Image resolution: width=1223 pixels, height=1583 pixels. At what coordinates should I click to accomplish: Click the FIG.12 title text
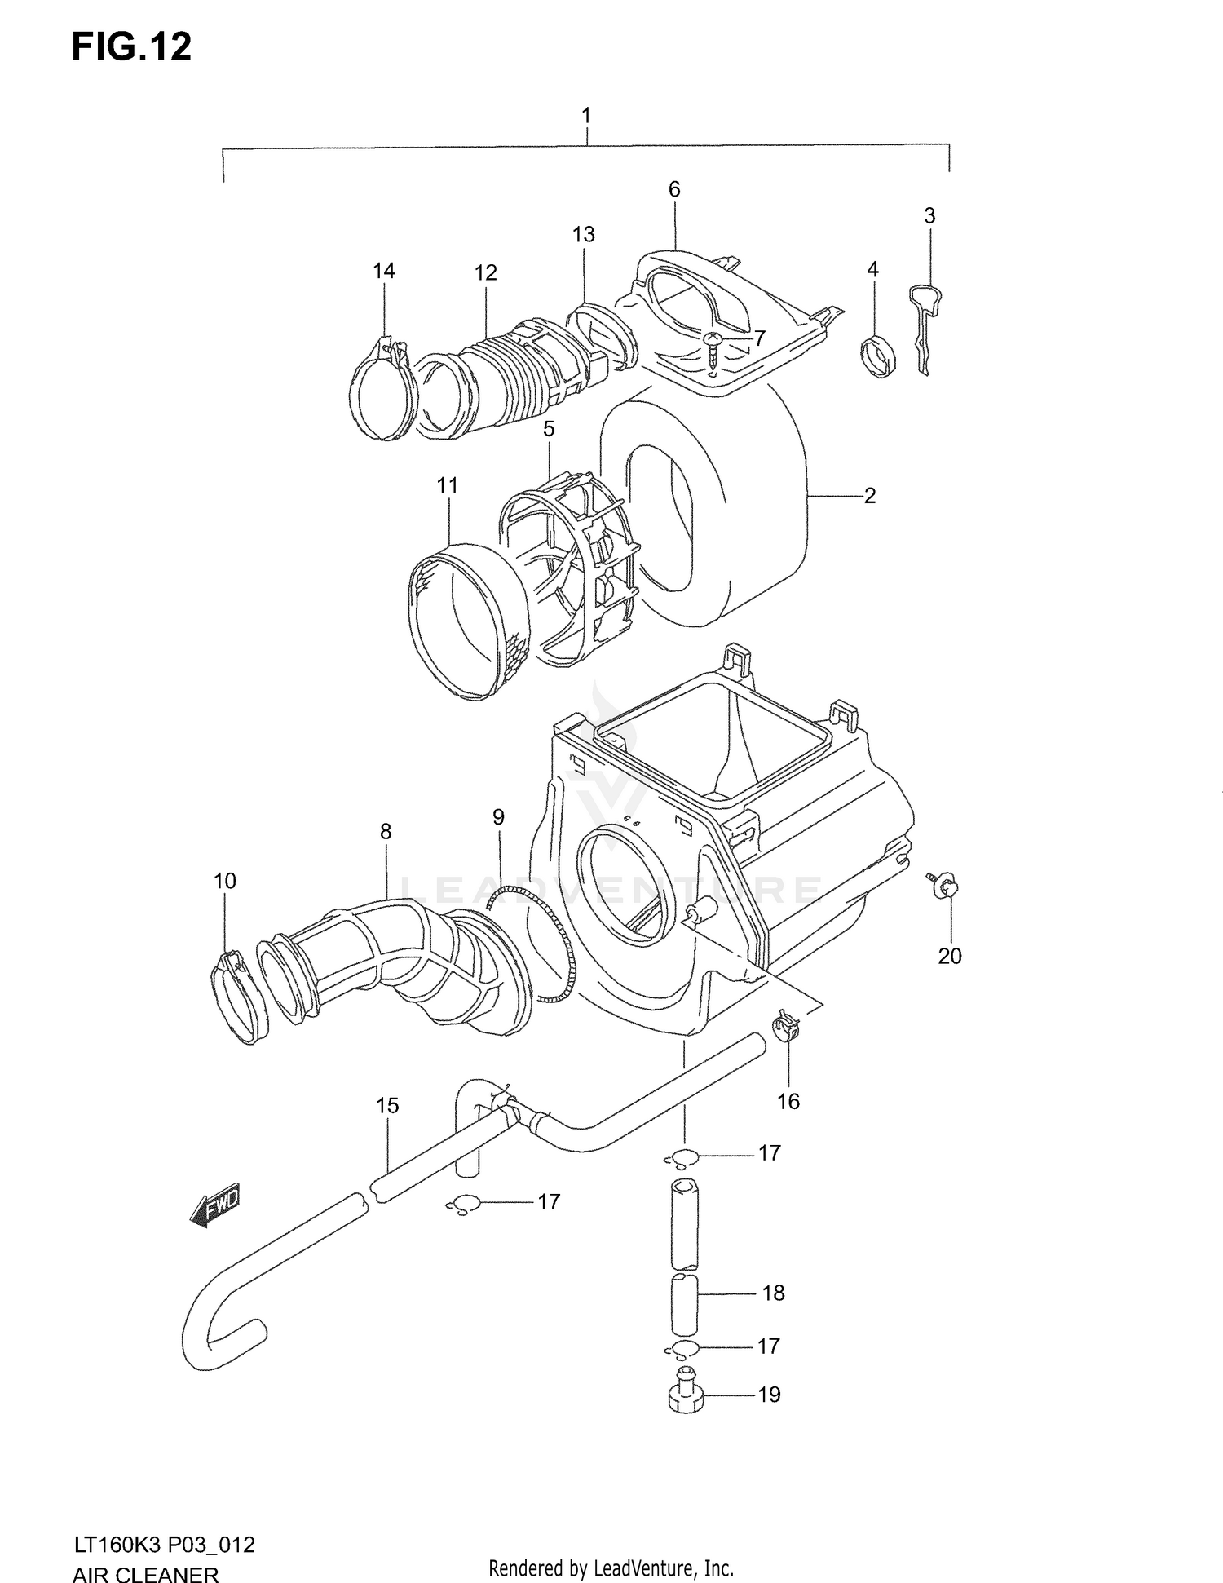tap(131, 47)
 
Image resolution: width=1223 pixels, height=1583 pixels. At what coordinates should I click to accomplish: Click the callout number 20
tap(950, 956)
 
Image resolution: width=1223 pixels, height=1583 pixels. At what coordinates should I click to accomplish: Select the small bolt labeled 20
tap(944, 887)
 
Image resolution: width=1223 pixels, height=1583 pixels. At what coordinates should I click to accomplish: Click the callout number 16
tap(788, 1101)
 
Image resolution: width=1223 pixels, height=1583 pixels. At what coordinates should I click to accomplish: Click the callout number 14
tap(384, 271)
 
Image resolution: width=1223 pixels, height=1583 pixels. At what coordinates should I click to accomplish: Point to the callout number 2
tap(870, 495)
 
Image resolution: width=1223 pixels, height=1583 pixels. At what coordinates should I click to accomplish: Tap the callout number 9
tap(498, 817)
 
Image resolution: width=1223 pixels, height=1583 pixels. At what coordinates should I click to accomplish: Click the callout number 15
tap(387, 1105)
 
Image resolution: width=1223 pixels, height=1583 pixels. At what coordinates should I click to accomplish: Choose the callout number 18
tap(773, 1293)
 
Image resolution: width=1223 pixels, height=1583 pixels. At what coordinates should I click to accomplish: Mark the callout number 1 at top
tap(585, 116)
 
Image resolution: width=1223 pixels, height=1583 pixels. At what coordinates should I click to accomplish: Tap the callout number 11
tap(447, 485)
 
